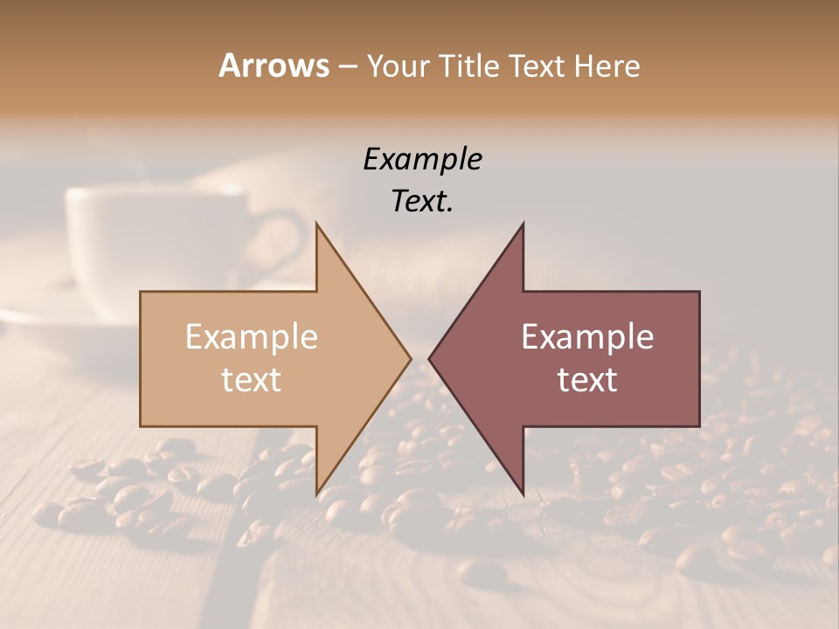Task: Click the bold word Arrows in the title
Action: [x=274, y=66]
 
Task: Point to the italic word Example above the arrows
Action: [x=422, y=159]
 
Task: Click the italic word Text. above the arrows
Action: [x=422, y=201]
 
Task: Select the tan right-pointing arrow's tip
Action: [x=410, y=358]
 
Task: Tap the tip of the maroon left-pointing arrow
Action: [x=430, y=358]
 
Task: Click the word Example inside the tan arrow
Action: [x=252, y=337]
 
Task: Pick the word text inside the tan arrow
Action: [x=252, y=379]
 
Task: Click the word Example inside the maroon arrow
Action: [x=587, y=337]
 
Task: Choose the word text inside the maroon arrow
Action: [x=587, y=379]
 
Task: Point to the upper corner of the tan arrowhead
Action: [x=316, y=224]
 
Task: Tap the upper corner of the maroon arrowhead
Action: [x=523, y=224]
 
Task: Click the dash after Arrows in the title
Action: [x=347, y=66]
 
